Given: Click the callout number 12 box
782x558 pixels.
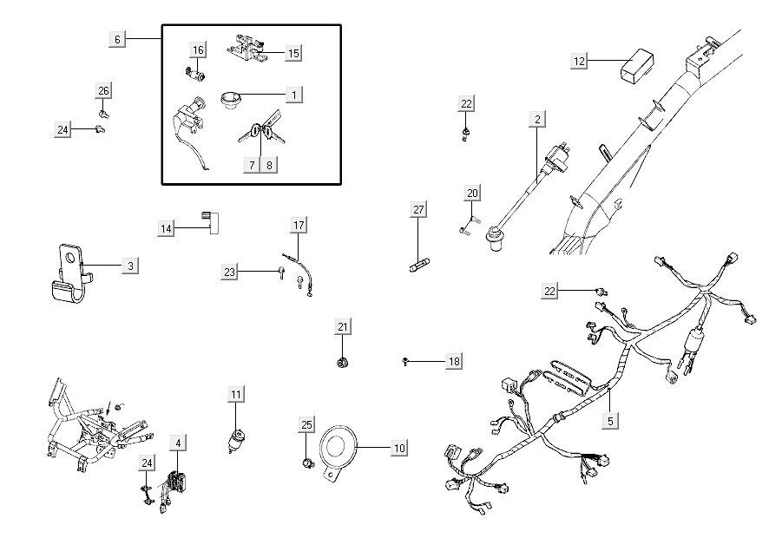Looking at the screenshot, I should pyautogui.click(x=580, y=61).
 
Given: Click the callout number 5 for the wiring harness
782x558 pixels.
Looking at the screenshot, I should pyautogui.click(x=611, y=422).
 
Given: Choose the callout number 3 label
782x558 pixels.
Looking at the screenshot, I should pyautogui.click(x=129, y=266).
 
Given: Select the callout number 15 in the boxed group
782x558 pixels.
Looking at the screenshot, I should pyautogui.click(x=293, y=54).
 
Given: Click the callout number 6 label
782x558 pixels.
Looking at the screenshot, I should pyautogui.click(x=119, y=39).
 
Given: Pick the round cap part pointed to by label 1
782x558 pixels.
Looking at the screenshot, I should pyautogui.click(x=233, y=101).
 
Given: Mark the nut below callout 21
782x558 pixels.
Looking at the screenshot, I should pyautogui.click(x=343, y=360).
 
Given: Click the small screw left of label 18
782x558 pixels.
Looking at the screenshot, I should pyautogui.click(x=406, y=360).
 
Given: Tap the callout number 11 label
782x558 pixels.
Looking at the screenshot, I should pyautogui.click(x=236, y=395).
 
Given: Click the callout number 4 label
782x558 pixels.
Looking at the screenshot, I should pyautogui.click(x=177, y=443).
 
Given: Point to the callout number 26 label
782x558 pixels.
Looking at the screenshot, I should pyautogui.click(x=103, y=91).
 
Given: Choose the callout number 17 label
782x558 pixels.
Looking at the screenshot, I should pyautogui.click(x=298, y=226).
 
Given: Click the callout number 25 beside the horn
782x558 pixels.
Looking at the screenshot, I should pyautogui.click(x=306, y=424).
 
